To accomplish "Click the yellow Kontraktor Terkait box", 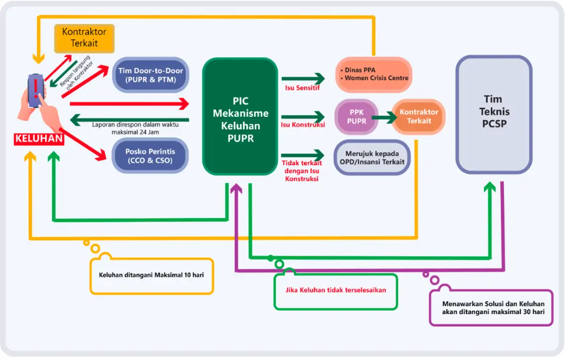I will (84, 38).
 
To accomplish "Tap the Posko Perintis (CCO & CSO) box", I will (150, 155).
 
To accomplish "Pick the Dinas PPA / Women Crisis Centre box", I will (374, 74).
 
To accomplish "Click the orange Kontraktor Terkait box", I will (419, 117).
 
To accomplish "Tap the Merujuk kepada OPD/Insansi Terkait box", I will (372, 157).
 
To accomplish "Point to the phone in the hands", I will (36, 91).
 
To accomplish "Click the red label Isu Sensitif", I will (302, 89).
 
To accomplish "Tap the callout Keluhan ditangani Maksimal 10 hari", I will (152, 275).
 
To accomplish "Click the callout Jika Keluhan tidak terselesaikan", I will (335, 290).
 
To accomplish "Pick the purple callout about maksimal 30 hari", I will (492, 308).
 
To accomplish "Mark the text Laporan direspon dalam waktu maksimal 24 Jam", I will (135, 128).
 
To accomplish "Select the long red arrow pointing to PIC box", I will (129, 103).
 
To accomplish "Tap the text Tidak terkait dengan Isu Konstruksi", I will (302, 171).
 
